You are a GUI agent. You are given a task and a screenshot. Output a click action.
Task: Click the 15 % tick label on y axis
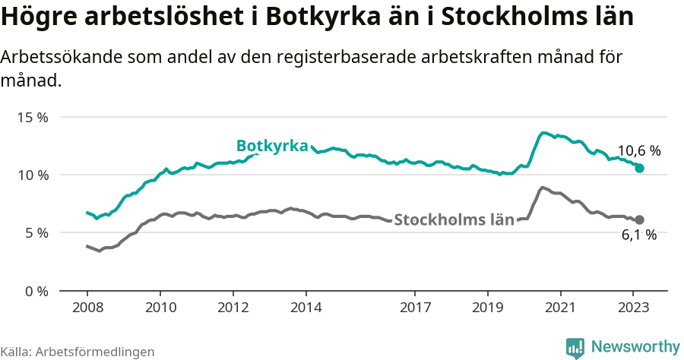(x=33, y=118)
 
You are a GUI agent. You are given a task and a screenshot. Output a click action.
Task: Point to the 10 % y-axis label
(x=33, y=175)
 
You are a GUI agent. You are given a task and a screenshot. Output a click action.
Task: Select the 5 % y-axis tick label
(x=36, y=233)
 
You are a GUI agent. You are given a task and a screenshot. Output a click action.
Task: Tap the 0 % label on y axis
(x=36, y=291)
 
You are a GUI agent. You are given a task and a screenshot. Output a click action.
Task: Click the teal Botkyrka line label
(x=271, y=146)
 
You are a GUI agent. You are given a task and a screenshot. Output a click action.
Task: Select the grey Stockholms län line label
(x=454, y=220)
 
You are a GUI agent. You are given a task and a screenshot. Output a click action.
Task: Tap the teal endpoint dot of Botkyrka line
(x=640, y=168)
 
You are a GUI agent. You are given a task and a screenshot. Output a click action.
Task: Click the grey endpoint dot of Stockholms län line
(x=640, y=219)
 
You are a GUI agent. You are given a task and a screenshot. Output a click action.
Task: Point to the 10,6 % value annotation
(x=638, y=150)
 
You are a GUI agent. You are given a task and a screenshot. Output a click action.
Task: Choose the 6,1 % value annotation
(x=638, y=235)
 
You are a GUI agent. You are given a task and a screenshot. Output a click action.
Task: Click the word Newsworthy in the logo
(x=635, y=347)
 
